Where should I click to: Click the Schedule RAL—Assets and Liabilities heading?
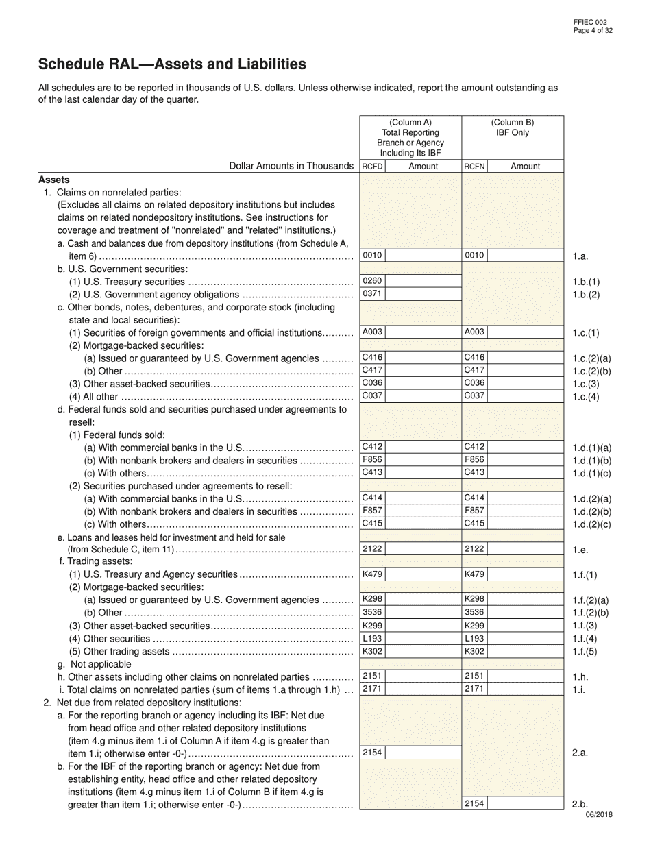pos(172,64)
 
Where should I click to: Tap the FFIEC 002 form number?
pos(590,23)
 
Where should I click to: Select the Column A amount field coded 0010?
pos(423,256)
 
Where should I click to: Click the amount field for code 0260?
pos(423,281)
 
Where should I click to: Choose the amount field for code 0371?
pos(423,294)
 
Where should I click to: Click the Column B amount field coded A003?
pos(525,332)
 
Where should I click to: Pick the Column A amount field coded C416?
pos(423,358)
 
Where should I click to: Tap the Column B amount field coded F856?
pos(525,460)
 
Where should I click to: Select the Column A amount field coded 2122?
pos(423,549)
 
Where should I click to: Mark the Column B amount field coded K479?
pos(525,574)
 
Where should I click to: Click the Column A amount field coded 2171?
pos(423,689)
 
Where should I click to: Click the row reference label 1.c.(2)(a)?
pos(591,358)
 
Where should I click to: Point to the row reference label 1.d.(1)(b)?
pos(591,461)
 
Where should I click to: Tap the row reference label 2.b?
pos(580,804)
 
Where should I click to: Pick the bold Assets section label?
pos(54,180)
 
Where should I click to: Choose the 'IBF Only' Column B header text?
pos(513,133)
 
